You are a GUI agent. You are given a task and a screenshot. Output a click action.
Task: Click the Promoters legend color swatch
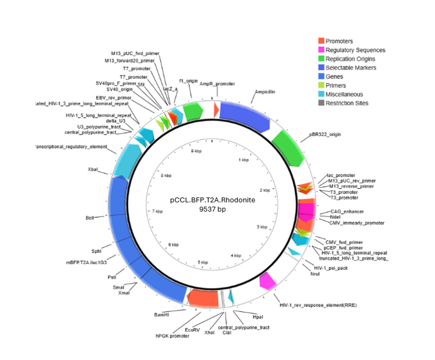(321, 41)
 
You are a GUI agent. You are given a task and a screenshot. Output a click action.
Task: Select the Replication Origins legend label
(350, 59)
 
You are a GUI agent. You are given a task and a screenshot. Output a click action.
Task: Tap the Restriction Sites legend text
(347, 103)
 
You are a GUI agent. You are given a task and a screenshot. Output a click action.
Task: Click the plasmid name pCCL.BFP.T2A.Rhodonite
(212, 200)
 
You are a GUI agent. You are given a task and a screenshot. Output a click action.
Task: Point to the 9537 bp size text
(212, 209)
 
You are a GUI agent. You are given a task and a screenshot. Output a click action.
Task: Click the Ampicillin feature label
(265, 92)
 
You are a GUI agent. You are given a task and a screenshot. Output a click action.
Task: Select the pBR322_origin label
(325, 134)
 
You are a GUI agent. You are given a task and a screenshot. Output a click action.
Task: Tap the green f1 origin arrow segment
(193, 111)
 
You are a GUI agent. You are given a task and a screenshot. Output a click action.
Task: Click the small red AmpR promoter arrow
(216, 110)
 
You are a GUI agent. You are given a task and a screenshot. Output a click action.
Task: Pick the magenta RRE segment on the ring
(267, 281)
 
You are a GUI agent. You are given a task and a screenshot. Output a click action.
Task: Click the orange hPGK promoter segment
(204, 298)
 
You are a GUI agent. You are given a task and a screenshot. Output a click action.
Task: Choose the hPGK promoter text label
(172, 336)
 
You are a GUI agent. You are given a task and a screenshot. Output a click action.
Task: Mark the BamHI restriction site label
(161, 315)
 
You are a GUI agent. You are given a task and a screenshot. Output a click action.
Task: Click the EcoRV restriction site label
(192, 330)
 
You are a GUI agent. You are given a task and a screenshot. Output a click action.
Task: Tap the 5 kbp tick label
(203, 262)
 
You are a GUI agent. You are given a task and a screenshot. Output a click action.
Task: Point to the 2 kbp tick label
(265, 190)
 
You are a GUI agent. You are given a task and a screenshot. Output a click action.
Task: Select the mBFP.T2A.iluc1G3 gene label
(86, 263)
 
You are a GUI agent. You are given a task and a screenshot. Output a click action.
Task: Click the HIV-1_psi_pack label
(331, 268)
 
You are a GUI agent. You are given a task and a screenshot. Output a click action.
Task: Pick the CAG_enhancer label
(347, 212)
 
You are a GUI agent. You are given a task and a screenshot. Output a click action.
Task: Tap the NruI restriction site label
(315, 274)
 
